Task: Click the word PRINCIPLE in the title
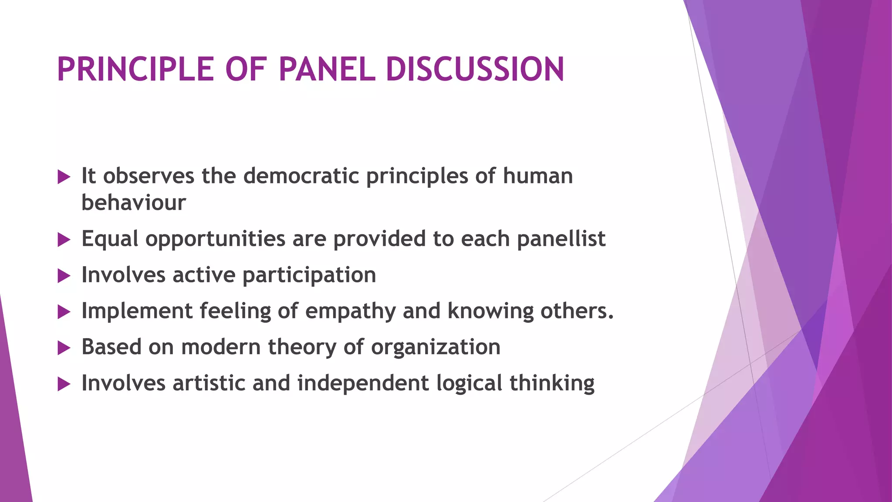click(x=135, y=70)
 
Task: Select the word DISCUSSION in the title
click(x=475, y=70)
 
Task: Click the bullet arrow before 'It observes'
click(x=64, y=177)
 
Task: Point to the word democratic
click(x=301, y=176)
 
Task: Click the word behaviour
click(x=133, y=203)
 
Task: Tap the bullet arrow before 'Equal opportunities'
click(x=64, y=239)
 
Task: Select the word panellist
click(x=561, y=239)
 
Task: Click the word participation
click(x=309, y=275)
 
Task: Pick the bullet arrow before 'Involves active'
click(x=64, y=275)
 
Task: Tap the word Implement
click(x=137, y=311)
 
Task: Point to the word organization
click(x=436, y=348)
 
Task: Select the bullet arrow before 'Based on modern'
click(x=64, y=348)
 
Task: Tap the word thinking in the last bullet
click(x=552, y=383)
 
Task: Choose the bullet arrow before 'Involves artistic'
click(x=64, y=384)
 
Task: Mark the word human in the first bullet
click(x=538, y=176)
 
